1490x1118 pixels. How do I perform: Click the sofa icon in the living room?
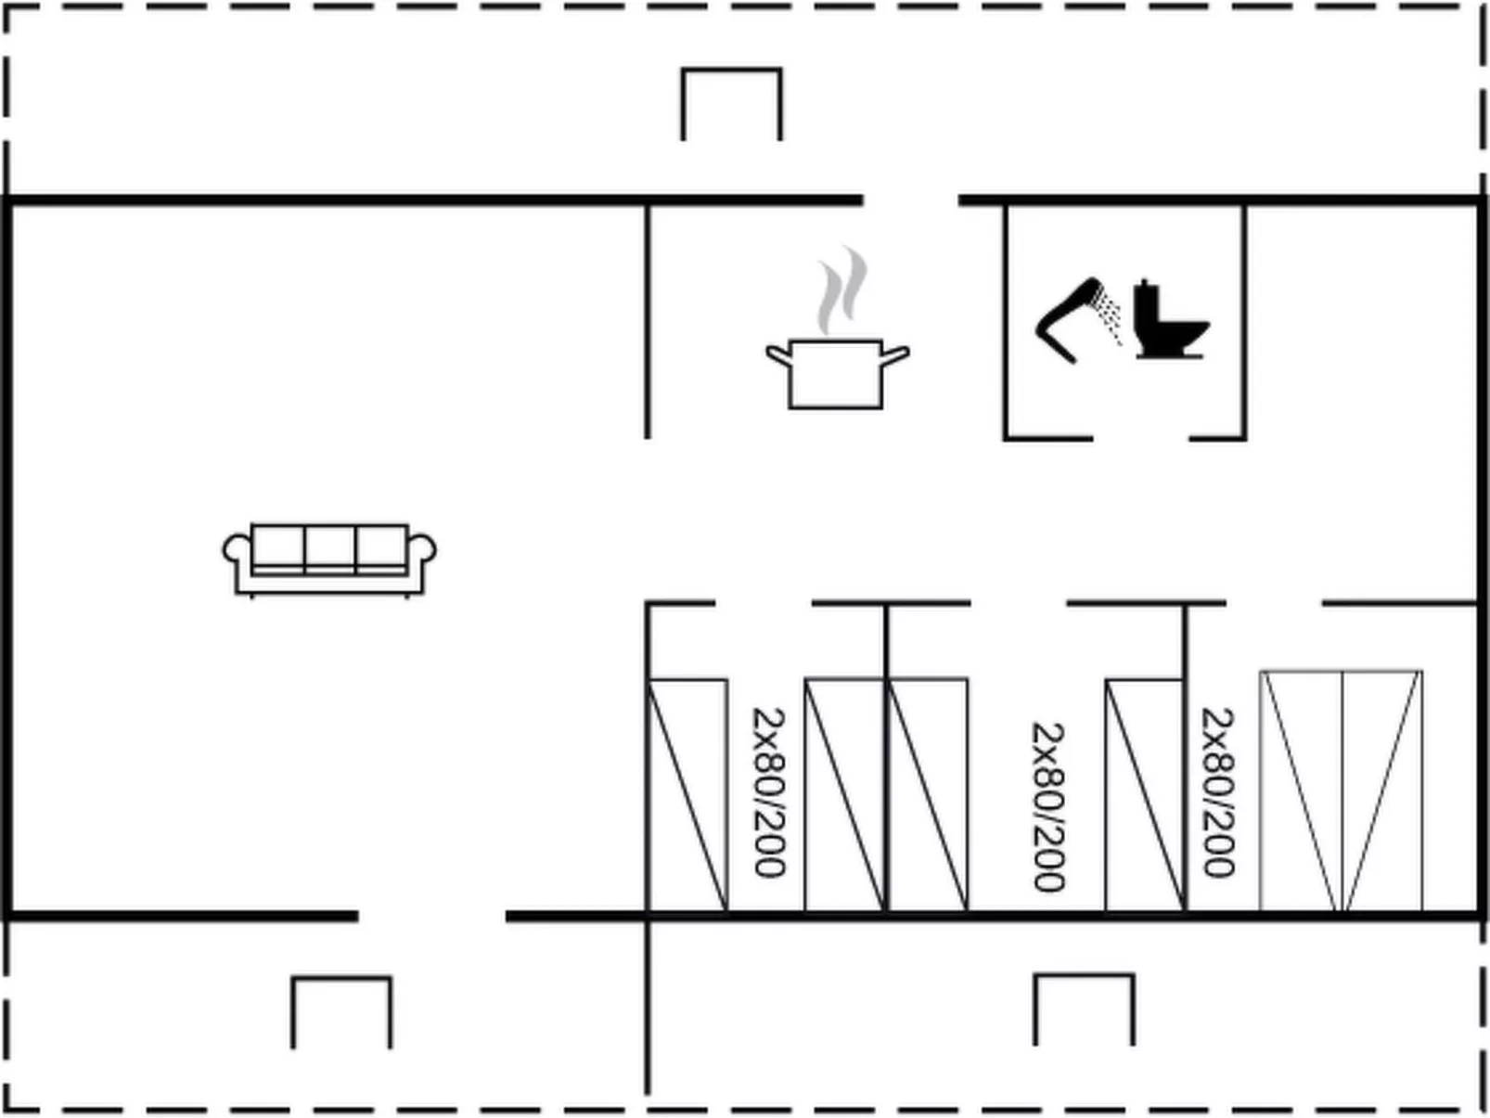(329, 559)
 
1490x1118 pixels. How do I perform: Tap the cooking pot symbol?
(836, 373)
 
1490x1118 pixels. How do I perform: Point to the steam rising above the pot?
(841, 290)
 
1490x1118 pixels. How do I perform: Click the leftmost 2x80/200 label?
(768, 793)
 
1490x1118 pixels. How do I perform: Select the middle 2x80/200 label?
(1048, 807)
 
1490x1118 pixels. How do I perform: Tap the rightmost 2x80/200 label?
(1217, 793)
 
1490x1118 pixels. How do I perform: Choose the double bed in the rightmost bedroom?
(1341, 791)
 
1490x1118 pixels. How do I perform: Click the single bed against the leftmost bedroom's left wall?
(687, 795)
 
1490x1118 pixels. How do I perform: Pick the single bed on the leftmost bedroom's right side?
(844, 795)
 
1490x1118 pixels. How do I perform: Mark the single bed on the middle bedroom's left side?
(929, 795)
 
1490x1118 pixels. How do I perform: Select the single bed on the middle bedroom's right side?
(1145, 795)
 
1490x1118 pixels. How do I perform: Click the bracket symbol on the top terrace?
(731, 103)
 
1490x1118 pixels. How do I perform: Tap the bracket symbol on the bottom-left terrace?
(341, 1011)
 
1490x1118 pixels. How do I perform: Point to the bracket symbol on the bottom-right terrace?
(1084, 1009)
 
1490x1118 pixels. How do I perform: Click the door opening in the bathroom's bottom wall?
(1141, 438)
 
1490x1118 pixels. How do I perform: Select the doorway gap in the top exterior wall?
(911, 199)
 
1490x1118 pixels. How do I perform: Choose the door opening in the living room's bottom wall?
(432, 917)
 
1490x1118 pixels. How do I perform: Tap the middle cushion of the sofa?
(329, 546)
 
